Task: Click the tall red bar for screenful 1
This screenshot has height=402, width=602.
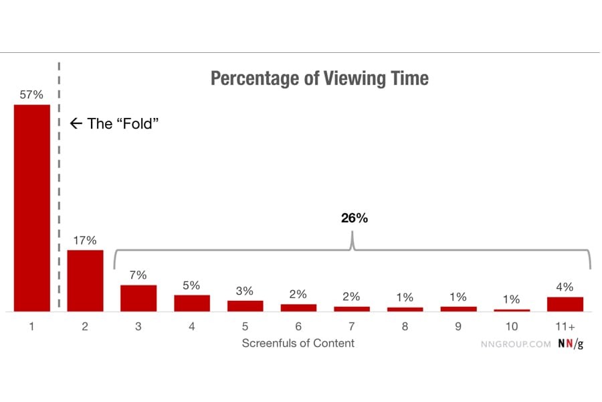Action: click(x=31, y=208)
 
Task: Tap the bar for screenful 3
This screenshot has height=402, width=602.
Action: click(x=138, y=298)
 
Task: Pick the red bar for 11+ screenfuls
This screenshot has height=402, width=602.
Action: click(x=565, y=304)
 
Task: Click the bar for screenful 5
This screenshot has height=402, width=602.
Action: click(x=245, y=306)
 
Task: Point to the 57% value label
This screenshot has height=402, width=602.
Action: click(x=31, y=95)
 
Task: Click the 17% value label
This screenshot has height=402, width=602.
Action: click(x=85, y=241)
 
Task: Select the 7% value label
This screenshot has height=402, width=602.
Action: click(x=138, y=275)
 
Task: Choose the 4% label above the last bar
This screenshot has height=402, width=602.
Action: click(x=565, y=287)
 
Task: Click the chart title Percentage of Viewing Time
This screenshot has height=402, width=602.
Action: click(x=319, y=78)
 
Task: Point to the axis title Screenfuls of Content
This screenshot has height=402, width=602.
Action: click(x=298, y=343)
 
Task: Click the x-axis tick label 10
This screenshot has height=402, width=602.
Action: click(x=512, y=326)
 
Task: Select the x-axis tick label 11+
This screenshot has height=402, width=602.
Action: click(x=565, y=326)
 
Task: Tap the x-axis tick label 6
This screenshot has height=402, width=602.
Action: click(x=298, y=326)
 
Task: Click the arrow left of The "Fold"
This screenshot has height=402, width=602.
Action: click(x=75, y=123)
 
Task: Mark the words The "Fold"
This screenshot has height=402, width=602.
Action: click(x=124, y=123)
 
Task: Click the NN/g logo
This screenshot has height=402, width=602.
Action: click(x=570, y=344)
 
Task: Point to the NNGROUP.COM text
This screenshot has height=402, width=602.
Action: click(x=516, y=344)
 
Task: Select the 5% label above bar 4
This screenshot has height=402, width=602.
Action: click(x=191, y=285)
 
